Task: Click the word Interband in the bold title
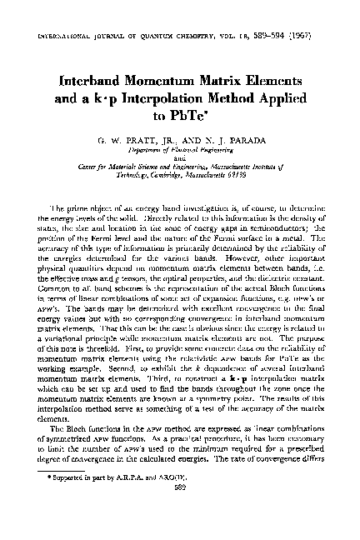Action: pyautogui.click(x=97, y=84)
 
